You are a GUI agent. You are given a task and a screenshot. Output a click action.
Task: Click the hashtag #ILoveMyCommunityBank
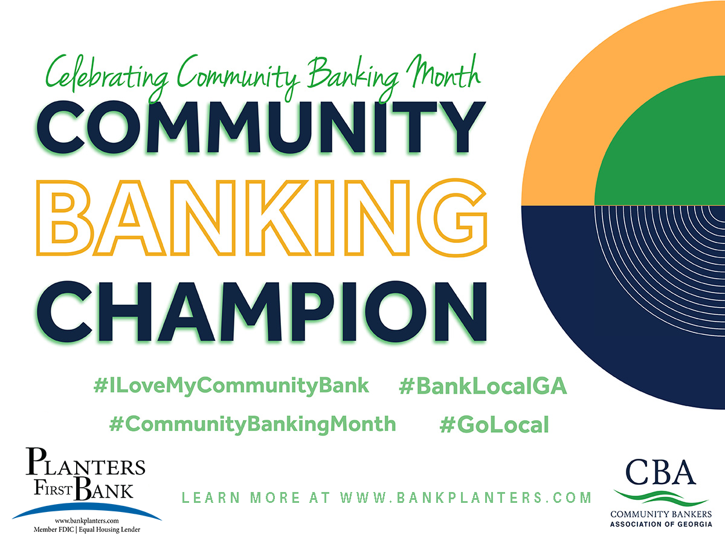(x=231, y=386)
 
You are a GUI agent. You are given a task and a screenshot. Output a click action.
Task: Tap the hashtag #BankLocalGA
(x=483, y=386)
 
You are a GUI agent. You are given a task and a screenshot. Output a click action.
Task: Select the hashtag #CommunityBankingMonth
(x=253, y=425)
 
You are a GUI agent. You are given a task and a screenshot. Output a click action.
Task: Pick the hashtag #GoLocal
(x=494, y=424)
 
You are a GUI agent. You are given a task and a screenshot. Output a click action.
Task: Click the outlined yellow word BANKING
(x=261, y=218)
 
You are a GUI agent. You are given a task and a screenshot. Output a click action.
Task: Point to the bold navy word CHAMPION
(x=261, y=311)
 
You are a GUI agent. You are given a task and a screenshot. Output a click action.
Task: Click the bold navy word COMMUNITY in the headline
(x=260, y=127)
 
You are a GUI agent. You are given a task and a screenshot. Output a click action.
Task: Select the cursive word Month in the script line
(x=443, y=73)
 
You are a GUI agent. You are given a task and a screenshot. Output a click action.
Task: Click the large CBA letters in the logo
(x=660, y=472)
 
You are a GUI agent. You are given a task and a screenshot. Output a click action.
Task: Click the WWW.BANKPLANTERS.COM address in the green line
(x=466, y=497)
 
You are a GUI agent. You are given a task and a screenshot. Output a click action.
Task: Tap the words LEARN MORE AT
(x=256, y=497)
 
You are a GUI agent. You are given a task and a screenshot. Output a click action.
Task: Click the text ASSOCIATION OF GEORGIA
(x=661, y=524)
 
